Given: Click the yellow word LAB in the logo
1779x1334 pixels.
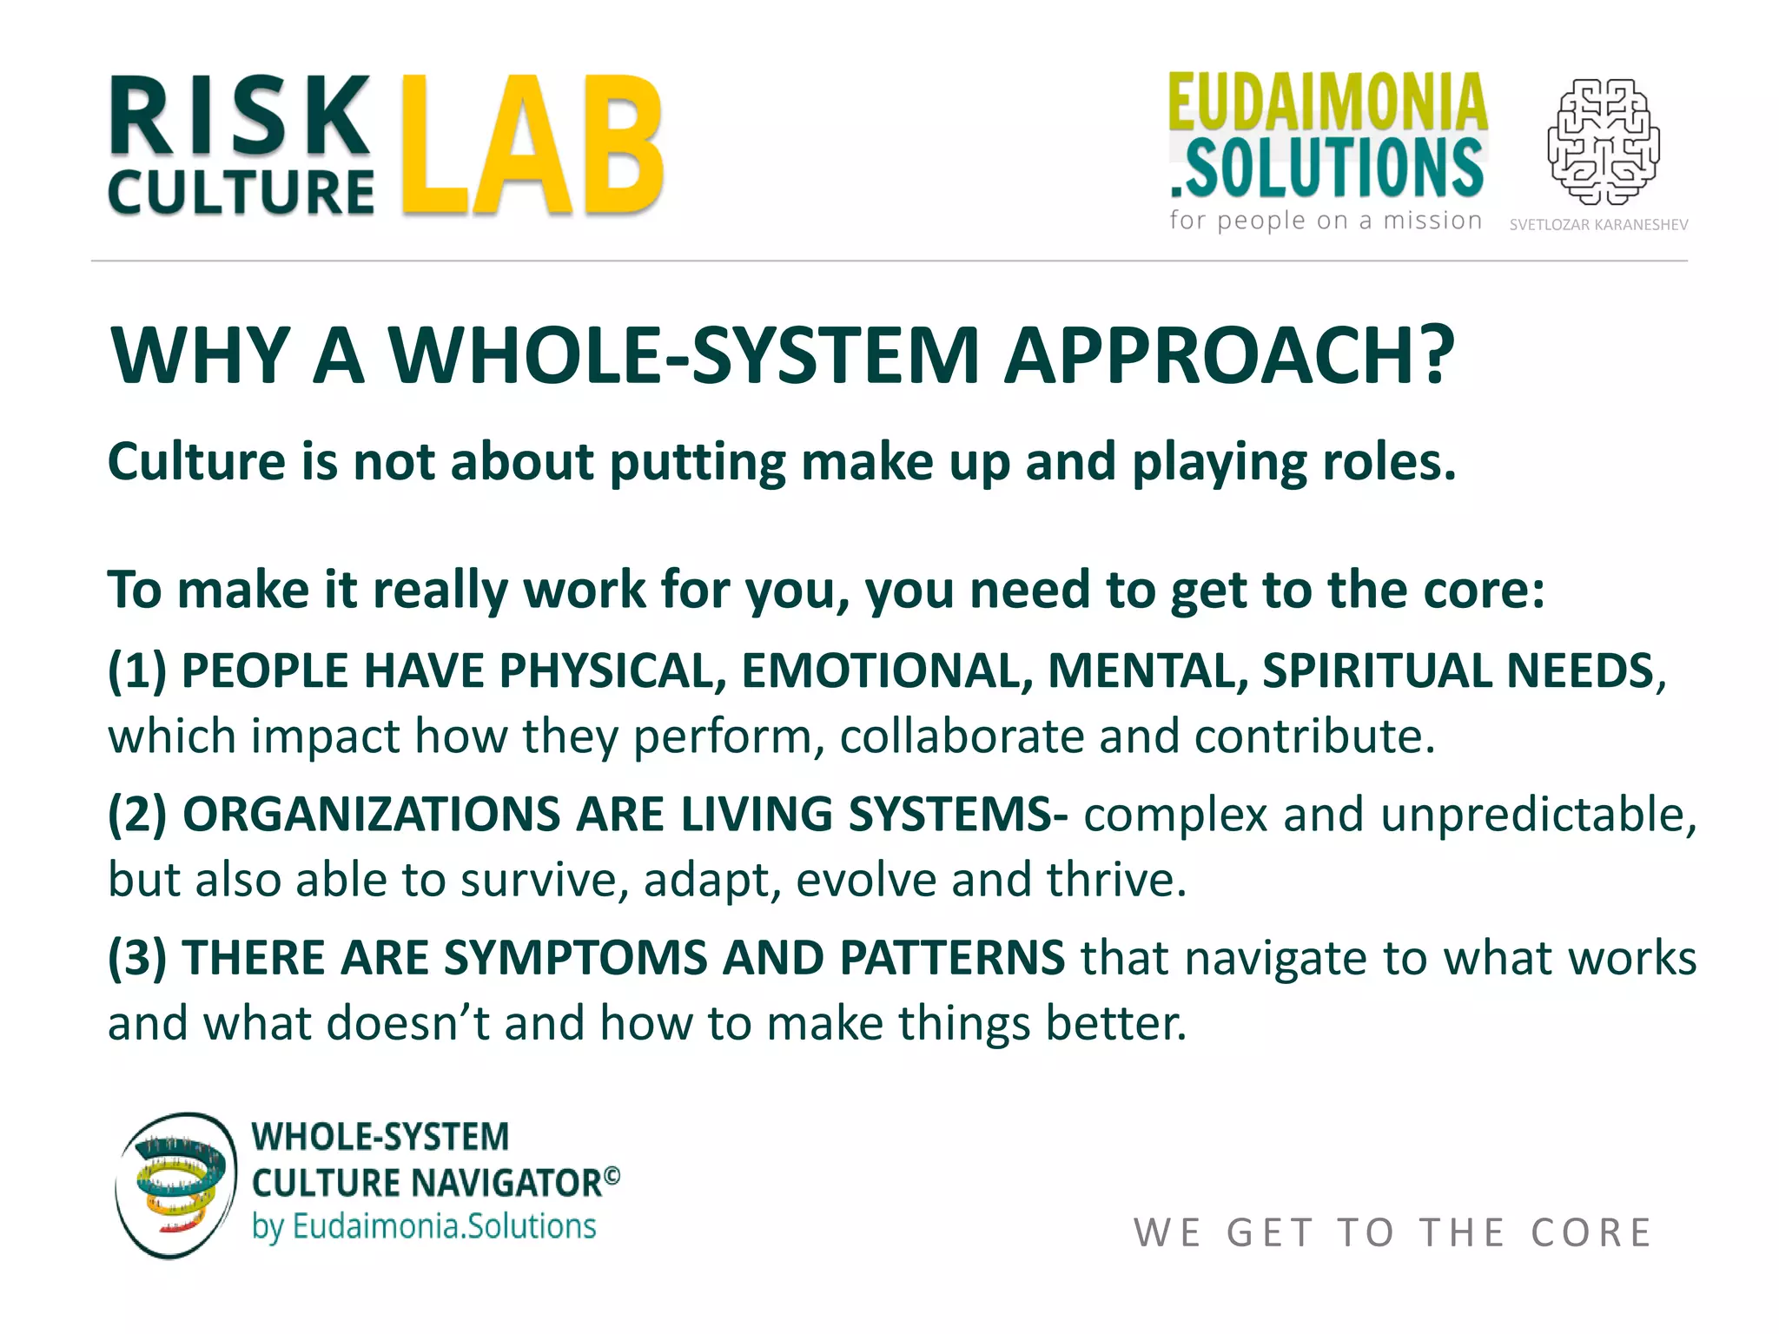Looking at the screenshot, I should (533, 146).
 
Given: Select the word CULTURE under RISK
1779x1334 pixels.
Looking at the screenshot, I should (241, 192).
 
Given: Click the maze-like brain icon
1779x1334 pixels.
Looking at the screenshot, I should (1604, 142).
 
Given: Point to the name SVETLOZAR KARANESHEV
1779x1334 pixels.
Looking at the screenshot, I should (1598, 225).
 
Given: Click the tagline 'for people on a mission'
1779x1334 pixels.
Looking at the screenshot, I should (1326, 221).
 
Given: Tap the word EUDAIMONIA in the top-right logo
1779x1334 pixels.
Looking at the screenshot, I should (1327, 102).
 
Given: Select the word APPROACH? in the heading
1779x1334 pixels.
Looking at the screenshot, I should (1229, 355).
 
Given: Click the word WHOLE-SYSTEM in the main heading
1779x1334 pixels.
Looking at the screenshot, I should (684, 355).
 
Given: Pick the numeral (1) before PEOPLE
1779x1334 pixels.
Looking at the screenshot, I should (137, 671).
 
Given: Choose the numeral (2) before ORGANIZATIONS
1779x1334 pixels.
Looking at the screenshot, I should (137, 815).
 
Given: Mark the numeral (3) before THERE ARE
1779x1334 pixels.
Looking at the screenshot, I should (137, 958).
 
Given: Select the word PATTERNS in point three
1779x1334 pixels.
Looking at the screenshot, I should (952, 958).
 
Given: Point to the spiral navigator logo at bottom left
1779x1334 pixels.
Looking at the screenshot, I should (175, 1185).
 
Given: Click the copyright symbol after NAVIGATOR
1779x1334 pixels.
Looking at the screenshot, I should (612, 1175).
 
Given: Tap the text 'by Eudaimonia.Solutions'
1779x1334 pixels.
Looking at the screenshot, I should (424, 1226).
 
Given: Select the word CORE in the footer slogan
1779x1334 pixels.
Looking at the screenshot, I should (1591, 1232).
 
